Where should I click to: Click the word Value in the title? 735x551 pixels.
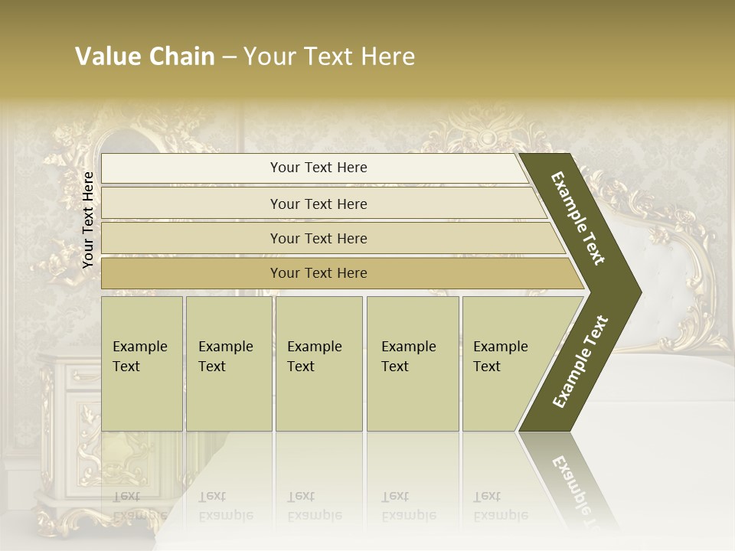pos(105,57)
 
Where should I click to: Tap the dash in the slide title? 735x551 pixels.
pos(228,57)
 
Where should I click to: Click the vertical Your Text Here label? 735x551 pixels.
pos(88,220)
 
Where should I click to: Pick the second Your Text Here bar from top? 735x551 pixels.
pos(318,204)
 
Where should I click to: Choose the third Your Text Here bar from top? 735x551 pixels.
pos(318,238)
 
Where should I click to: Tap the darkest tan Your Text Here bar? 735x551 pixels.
pos(318,273)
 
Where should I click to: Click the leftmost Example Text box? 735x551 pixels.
pos(142,364)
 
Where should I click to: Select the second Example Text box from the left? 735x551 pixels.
pos(228,364)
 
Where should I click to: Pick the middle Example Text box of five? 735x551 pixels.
pos(318,364)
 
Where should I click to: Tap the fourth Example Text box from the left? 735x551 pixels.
pos(412,364)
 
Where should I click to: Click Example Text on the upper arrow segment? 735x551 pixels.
pos(578,218)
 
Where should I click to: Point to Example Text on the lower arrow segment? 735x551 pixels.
pos(580,362)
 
